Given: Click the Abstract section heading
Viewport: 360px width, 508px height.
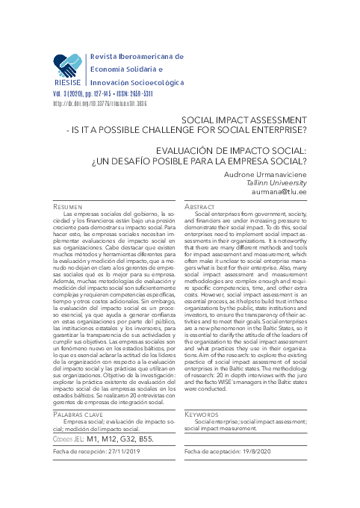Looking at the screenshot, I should click(200, 205).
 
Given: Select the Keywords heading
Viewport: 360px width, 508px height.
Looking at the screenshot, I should click(201, 413).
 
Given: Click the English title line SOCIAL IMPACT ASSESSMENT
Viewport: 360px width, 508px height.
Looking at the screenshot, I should click(244, 119).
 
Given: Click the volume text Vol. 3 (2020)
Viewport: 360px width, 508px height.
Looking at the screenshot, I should click(73, 96).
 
